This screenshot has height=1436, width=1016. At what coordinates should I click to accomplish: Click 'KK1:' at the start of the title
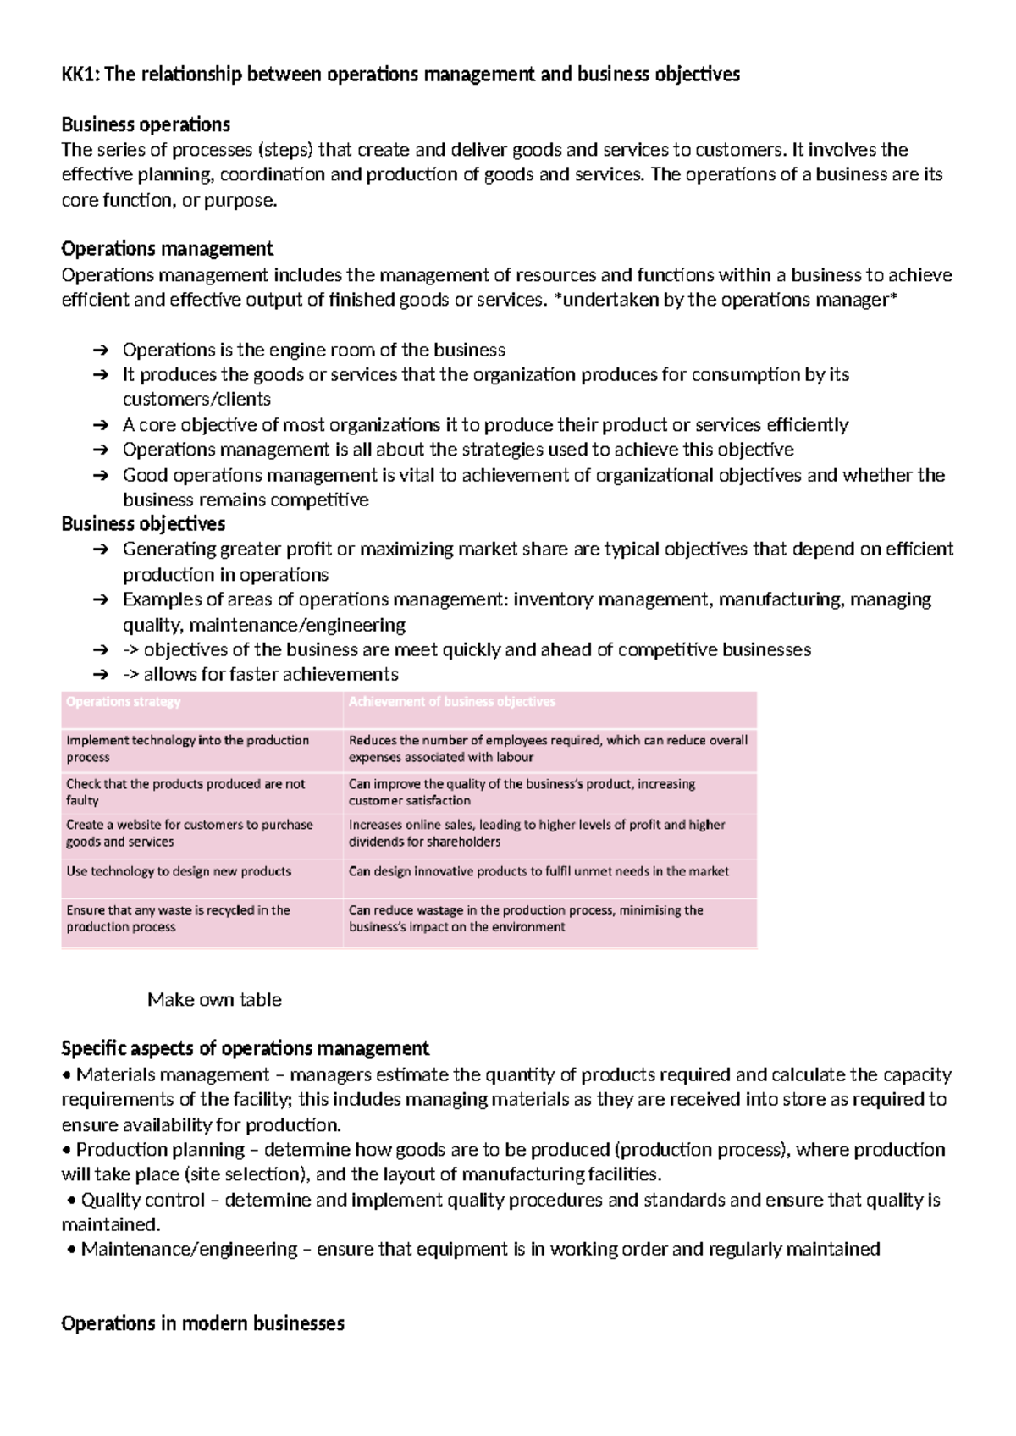pyautogui.click(x=80, y=75)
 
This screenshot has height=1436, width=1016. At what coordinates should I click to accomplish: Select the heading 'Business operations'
pyautogui.click(x=146, y=125)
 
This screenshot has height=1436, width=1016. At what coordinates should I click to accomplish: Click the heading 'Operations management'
pyautogui.click(x=167, y=249)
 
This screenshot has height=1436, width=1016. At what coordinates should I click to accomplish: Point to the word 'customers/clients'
pyautogui.click(x=196, y=400)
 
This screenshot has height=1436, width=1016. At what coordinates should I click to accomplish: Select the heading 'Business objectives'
pyautogui.click(x=143, y=524)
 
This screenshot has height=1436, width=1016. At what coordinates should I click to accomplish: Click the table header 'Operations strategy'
pyautogui.click(x=124, y=702)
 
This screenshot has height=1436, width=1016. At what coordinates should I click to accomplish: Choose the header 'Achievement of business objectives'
pyautogui.click(x=452, y=702)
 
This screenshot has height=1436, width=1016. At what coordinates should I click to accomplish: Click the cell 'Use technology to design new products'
pyautogui.click(x=179, y=871)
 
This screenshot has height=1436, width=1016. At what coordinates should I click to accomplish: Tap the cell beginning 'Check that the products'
pyautogui.click(x=185, y=792)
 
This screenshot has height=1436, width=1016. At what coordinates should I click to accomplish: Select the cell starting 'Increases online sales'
pyautogui.click(x=537, y=833)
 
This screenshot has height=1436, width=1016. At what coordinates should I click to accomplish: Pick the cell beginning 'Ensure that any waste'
pyautogui.click(x=178, y=919)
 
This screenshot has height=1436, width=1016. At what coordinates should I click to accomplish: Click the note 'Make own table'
pyautogui.click(x=214, y=1000)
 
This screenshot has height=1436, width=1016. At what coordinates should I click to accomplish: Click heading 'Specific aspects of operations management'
pyautogui.click(x=246, y=1049)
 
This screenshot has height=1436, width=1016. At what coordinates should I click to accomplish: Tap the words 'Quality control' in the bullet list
pyautogui.click(x=143, y=1201)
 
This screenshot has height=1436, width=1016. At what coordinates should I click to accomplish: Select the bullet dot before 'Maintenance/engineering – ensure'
pyautogui.click(x=71, y=1250)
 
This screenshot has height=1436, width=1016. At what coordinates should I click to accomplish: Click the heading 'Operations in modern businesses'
pyautogui.click(x=202, y=1324)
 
